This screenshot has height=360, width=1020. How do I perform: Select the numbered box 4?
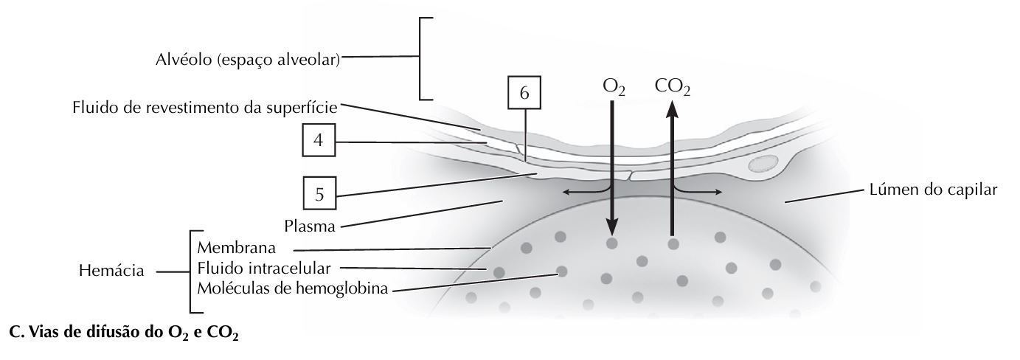coord(319,141)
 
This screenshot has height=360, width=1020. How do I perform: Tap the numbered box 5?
coord(319,194)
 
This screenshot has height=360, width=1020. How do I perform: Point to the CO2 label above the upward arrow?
coord(672,88)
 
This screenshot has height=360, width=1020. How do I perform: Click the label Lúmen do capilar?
coord(929,190)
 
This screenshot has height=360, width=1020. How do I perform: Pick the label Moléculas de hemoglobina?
coord(292,288)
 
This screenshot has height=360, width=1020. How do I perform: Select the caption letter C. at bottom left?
coord(14,332)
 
